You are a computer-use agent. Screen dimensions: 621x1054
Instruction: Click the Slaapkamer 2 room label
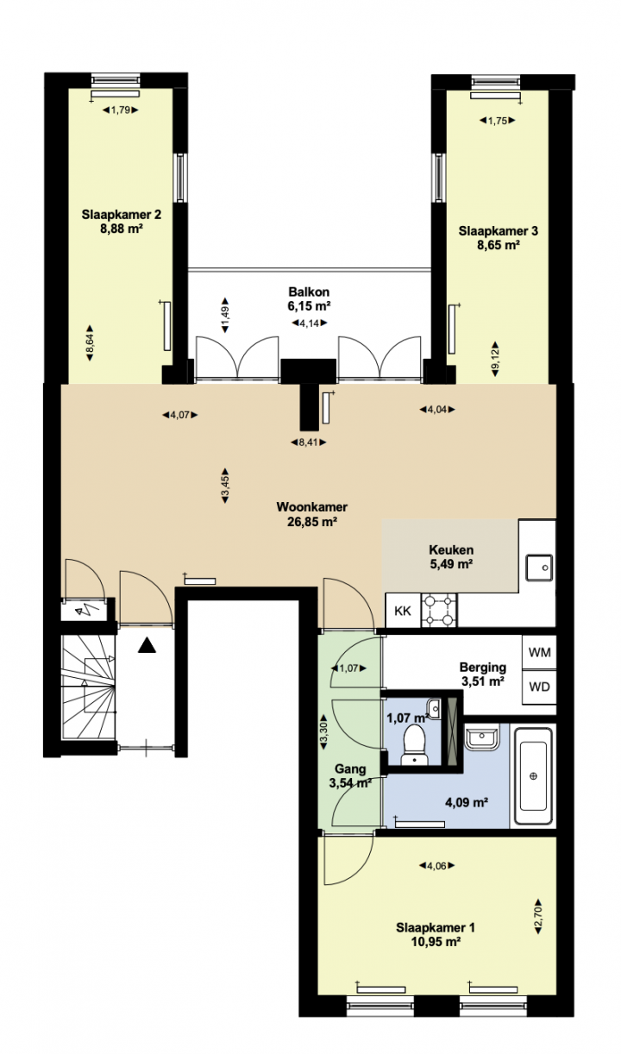[122, 222]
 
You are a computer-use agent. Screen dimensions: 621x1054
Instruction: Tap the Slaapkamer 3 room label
[499, 238]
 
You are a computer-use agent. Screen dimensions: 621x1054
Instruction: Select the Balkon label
[309, 298]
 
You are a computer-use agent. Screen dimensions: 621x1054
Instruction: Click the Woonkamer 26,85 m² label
[312, 514]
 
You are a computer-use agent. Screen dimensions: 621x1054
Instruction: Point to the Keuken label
[451, 556]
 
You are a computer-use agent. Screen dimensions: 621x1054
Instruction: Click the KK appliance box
[403, 611]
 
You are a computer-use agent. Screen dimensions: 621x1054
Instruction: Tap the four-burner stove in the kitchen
[439, 611]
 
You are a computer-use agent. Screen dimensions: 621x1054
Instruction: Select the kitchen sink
[540, 568]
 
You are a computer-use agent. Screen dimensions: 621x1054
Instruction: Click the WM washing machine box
[539, 652]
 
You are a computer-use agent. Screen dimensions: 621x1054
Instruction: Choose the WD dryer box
[539, 687]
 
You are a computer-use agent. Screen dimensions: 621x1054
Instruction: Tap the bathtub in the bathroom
[533, 776]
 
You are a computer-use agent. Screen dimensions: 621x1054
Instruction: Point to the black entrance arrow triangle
[147, 645]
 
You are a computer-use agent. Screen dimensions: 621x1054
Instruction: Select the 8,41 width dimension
[308, 442]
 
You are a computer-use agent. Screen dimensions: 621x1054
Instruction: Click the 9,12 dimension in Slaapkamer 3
[494, 359]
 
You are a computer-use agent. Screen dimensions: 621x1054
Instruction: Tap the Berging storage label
[483, 674]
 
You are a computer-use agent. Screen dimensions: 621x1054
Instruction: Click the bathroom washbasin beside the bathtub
[481, 737]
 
